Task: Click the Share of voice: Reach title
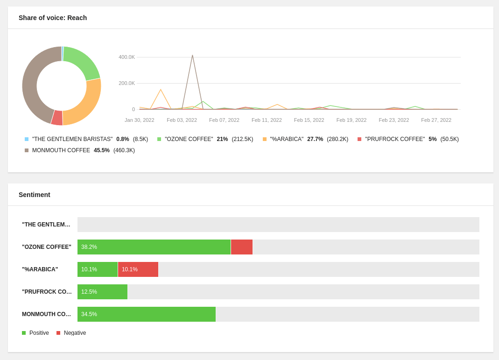click(53, 18)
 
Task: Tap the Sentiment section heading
click(35, 195)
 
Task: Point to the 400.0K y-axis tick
click(127, 57)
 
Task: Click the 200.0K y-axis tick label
click(127, 83)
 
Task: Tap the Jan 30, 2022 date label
click(139, 120)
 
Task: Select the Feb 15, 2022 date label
click(309, 120)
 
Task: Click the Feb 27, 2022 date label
click(436, 120)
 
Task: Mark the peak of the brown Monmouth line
click(192, 56)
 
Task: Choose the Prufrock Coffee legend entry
click(394, 139)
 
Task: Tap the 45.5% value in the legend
click(102, 150)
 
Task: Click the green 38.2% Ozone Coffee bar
click(154, 247)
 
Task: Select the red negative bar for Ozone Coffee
click(242, 247)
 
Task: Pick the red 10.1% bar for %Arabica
click(138, 269)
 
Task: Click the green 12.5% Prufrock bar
click(102, 292)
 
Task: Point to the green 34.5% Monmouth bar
click(147, 314)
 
